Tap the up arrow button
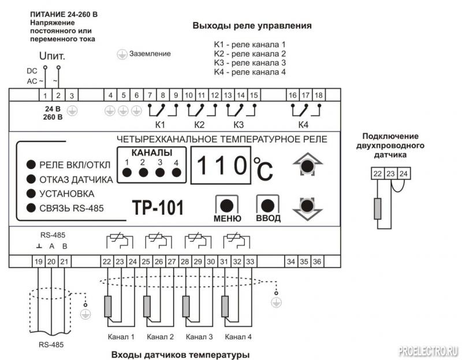pos(307,166)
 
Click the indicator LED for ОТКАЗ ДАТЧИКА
pos(31,178)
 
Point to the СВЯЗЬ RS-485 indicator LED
pos(31,208)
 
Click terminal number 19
pos(38,261)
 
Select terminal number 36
pos(317,261)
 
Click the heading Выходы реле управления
pos(252,26)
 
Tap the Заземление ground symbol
pos(122,54)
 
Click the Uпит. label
pos(52,57)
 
